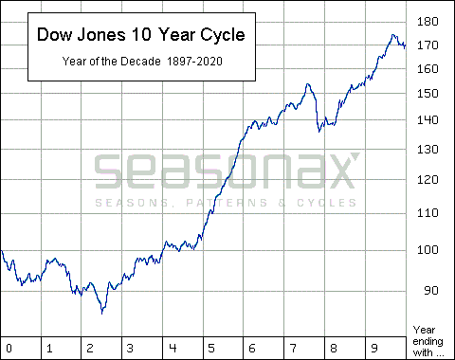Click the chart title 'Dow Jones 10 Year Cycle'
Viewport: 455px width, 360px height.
[x=139, y=35]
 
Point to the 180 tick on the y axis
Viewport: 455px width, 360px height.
[x=428, y=21]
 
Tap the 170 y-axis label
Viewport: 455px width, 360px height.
[x=428, y=45]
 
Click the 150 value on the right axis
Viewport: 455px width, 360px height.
[x=428, y=93]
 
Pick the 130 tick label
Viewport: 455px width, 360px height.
[x=428, y=150]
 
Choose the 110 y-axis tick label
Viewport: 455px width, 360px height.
[x=428, y=212]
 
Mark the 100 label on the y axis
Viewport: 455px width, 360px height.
[x=428, y=250]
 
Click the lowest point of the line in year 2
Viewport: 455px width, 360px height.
[x=101, y=313]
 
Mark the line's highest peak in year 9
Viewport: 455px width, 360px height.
[x=392, y=36]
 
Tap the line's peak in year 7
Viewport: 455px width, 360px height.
[x=308, y=84]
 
